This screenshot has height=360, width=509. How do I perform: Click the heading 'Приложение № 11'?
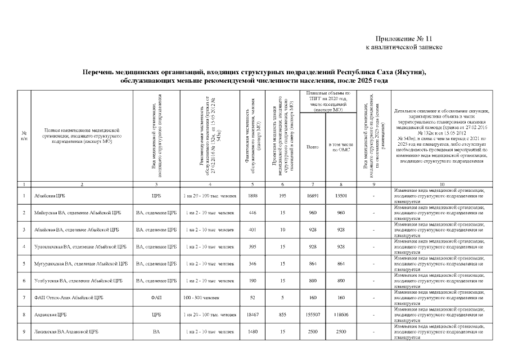pyautogui.click(x=404, y=38)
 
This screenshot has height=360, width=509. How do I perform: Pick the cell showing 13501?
pyautogui.click(x=341, y=196)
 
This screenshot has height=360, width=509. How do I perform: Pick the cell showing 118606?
pyautogui.click(x=341, y=314)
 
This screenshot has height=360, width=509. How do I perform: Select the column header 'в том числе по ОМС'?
pyautogui.click(x=341, y=147)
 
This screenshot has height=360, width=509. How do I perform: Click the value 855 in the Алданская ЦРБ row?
pyautogui.click(x=282, y=314)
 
